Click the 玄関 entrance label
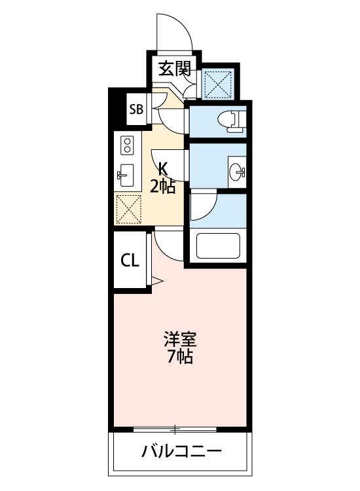click(174, 69)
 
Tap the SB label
click(137, 109)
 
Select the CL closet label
click(130, 260)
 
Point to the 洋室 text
click(180, 339)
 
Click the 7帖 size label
click(180, 356)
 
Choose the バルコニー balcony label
click(181, 452)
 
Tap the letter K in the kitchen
click(162, 170)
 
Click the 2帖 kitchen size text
click(162, 187)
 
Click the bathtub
click(218, 245)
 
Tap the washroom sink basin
click(237, 172)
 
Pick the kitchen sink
click(125, 175)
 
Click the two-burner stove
click(127, 145)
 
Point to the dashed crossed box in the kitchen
click(129, 209)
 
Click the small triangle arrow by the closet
click(157, 281)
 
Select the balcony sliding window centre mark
click(175, 429)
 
